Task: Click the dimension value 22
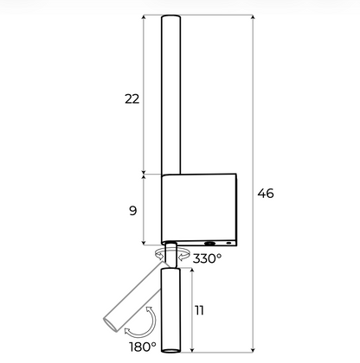click(x=132, y=99)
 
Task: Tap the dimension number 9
click(x=132, y=211)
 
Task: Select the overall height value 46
click(x=266, y=193)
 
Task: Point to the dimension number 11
click(x=199, y=310)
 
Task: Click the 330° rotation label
click(x=207, y=258)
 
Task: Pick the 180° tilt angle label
click(x=143, y=347)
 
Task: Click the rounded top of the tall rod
click(x=170, y=18)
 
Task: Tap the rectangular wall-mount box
click(x=199, y=210)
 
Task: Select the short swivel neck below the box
click(x=170, y=255)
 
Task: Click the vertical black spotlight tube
click(x=170, y=310)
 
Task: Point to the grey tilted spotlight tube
click(x=133, y=296)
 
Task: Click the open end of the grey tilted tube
click(x=111, y=325)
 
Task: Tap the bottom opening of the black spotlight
click(x=170, y=351)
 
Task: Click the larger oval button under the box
click(x=209, y=244)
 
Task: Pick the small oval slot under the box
click(x=228, y=243)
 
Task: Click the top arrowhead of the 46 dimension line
click(x=253, y=17)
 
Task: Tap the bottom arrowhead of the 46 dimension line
click(x=253, y=350)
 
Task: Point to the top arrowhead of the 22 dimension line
click(x=144, y=17)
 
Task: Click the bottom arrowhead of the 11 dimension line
click(x=192, y=350)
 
